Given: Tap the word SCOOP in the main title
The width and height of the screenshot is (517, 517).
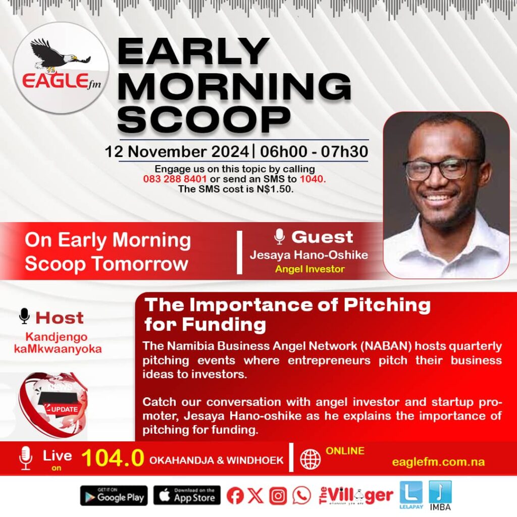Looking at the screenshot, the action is [x=204, y=119].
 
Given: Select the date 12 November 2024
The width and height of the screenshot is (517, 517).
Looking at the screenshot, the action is [x=177, y=151].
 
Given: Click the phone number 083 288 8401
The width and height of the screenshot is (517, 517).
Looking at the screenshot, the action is [x=175, y=179].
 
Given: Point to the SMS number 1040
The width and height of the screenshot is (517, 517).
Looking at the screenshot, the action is [x=312, y=179].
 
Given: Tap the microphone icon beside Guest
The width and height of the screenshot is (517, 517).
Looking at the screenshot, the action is [x=279, y=237].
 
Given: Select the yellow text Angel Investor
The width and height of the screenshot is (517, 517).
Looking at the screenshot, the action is [x=310, y=269].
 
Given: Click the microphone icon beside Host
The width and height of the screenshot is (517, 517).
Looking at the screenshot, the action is [x=24, y=316].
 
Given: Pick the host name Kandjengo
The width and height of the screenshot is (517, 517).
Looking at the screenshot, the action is [x=57, y=337].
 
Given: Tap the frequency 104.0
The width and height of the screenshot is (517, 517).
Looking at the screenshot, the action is [x=113, y=458].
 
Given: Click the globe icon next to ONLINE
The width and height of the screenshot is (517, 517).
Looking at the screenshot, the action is [x=311, y=459].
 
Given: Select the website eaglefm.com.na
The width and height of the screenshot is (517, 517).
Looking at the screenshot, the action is [x=438, y=462].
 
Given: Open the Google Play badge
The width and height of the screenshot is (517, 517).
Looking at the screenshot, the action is [x=114, y=496].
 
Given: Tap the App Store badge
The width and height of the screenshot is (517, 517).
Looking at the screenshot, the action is [x=187, y=496].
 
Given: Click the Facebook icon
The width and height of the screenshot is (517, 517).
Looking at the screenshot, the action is [x=235, y=496].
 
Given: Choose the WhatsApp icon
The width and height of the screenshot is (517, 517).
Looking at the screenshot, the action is [x=301, y=495].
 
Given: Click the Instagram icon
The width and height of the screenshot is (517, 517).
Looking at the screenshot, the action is [x=278, y=496].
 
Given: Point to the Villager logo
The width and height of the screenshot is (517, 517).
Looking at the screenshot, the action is [x=356, y=496].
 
